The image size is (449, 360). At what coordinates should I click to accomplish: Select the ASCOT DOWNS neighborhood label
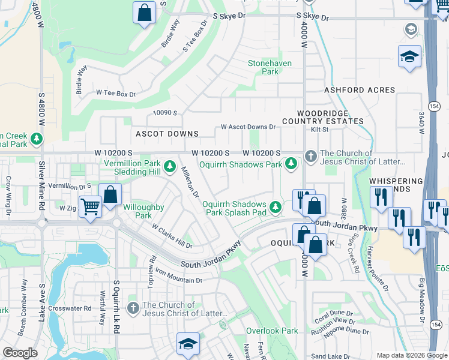[x=167, y=134]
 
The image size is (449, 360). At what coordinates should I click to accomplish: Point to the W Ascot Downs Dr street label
[x=248, y=127]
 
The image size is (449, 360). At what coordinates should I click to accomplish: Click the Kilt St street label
[x=319, y=129]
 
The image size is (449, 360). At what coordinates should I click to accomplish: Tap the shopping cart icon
[x=90, y=207]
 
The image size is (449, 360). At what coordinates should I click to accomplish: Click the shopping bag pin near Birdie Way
[x=145, y=13]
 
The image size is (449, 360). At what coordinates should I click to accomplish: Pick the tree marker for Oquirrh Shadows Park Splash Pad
[x=275, y=207]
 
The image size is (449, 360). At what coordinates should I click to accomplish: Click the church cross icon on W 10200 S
[x=310, y=155]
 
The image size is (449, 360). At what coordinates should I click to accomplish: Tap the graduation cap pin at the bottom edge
[x=188, y=344]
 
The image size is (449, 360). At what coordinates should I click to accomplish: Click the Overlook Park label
[x=272, y=331]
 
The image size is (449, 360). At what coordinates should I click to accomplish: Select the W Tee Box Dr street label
[x=116, y=94]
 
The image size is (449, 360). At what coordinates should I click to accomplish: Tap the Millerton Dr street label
[x=190, y=182]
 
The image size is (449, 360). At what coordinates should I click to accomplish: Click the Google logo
[x=20, y=353]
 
